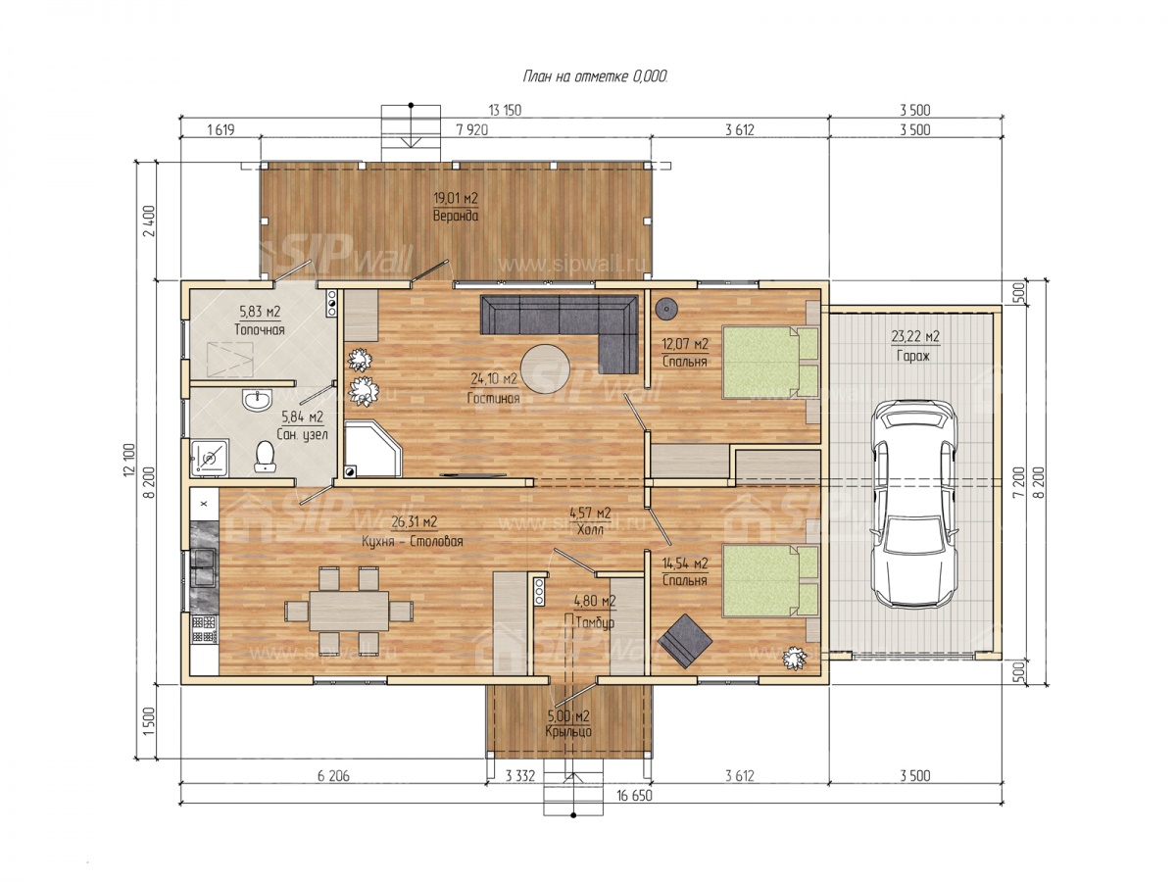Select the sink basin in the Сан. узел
click(x=257, y=400)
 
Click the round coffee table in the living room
click(x=546, y=369)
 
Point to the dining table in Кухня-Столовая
click(x=349, y=611)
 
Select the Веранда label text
click(x=456, y=216)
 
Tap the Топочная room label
click(x=260, y=329)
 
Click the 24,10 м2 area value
click(x=494, y=379)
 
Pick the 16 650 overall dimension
click(x=634, y=795)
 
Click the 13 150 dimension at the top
click(x=505, y=111)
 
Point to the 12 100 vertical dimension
click(x=130, y=460)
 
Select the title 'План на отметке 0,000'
click(x=595, y=77)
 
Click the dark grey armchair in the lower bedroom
click(x=685, y=641)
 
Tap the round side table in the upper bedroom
click(x=667, y=309)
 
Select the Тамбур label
click(x=595, y=622)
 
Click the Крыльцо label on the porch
click(x=568, y=731)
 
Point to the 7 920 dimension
click(x=471, y=129)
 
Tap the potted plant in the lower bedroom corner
click(x=794, y=659)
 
